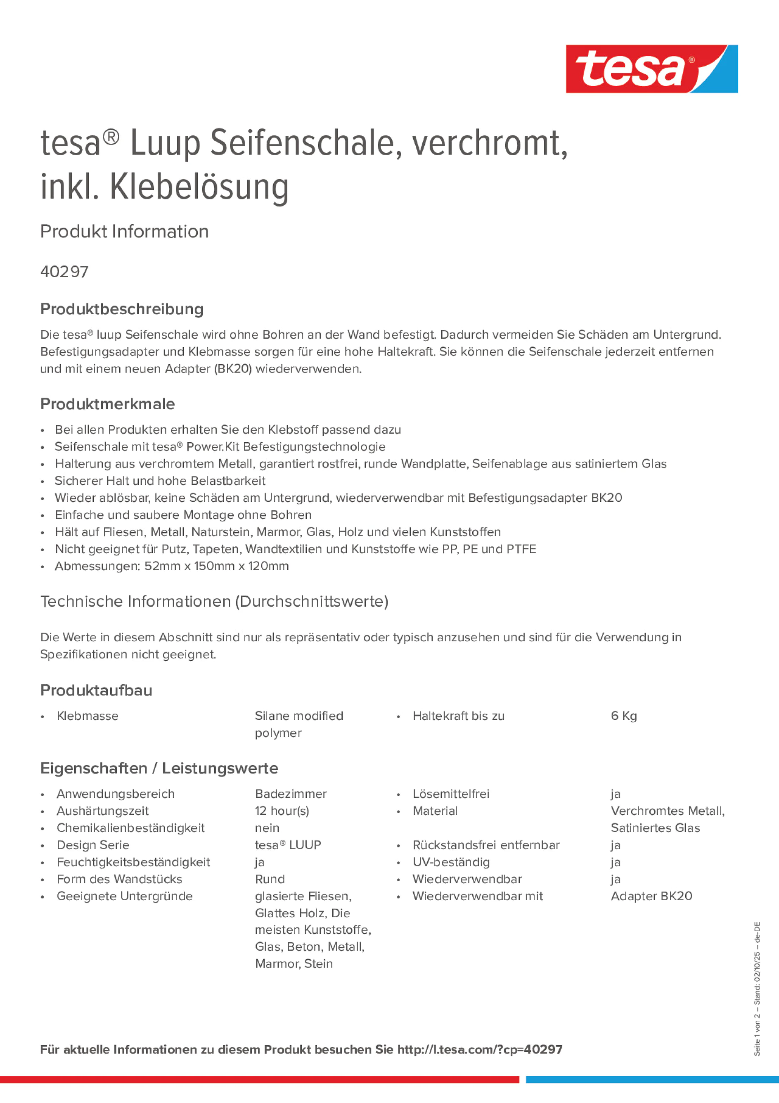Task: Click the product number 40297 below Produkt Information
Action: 64,272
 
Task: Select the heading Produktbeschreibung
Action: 122,309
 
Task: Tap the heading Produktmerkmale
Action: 108,404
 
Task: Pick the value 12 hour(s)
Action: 282,811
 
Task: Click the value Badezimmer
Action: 291,794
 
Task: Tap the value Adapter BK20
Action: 651,896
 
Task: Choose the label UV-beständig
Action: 451,862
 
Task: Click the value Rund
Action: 270,879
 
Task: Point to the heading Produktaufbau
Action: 96,690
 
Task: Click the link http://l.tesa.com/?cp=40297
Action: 479,1050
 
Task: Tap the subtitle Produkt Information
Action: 124,232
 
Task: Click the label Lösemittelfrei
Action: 450,794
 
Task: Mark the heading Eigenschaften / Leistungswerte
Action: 159,768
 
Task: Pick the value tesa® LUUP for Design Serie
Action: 288,845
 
